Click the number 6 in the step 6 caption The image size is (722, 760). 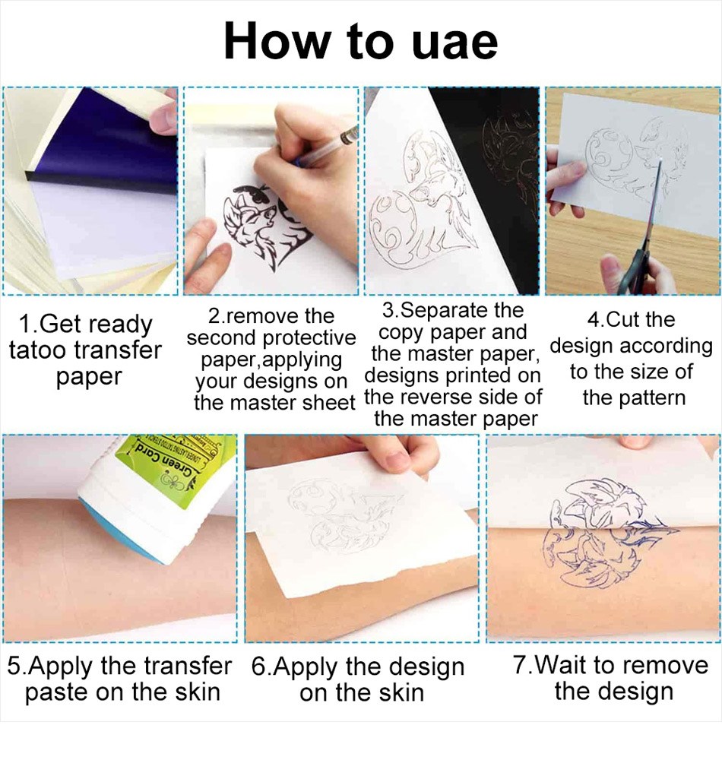[259, 667]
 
